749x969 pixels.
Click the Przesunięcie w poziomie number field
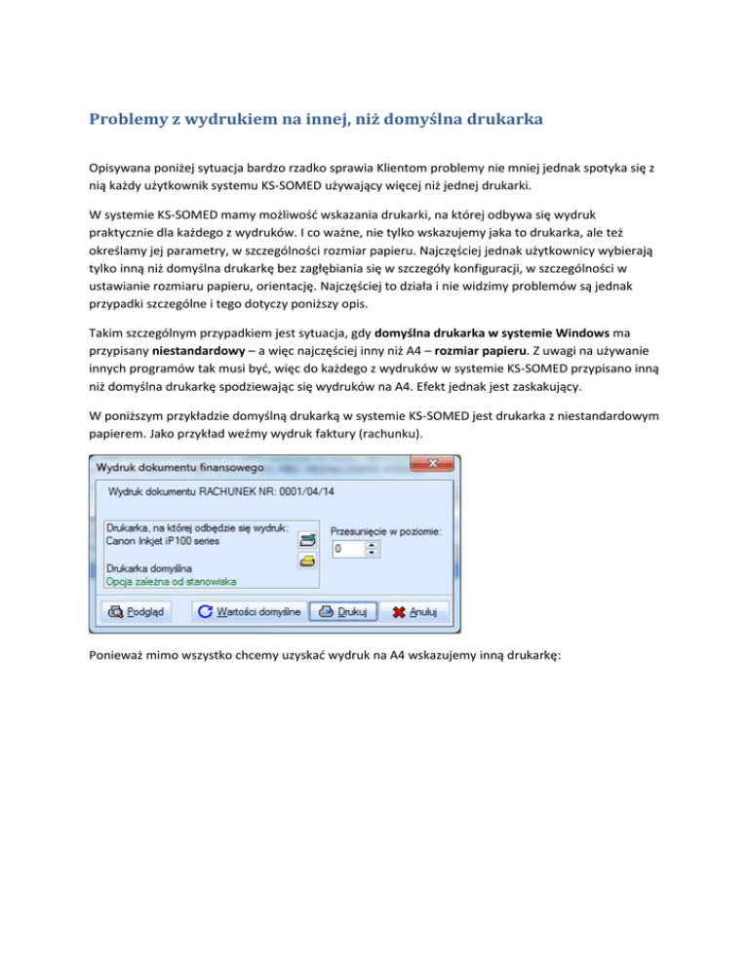click(347, 550)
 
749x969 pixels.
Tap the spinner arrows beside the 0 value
click(371, 550)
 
